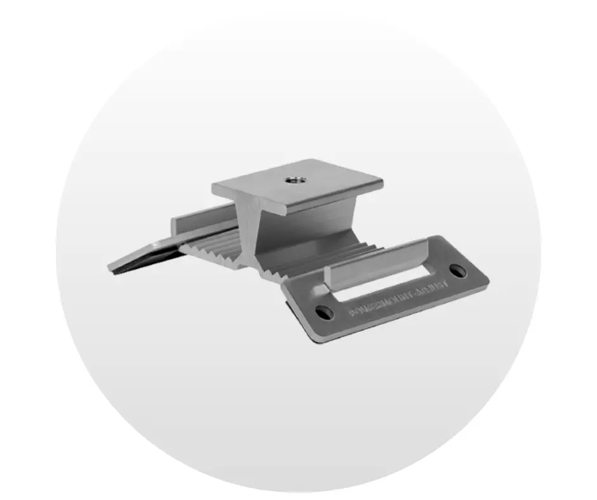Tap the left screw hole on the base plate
tap(323, 312)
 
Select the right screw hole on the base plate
tap(458, 271)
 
